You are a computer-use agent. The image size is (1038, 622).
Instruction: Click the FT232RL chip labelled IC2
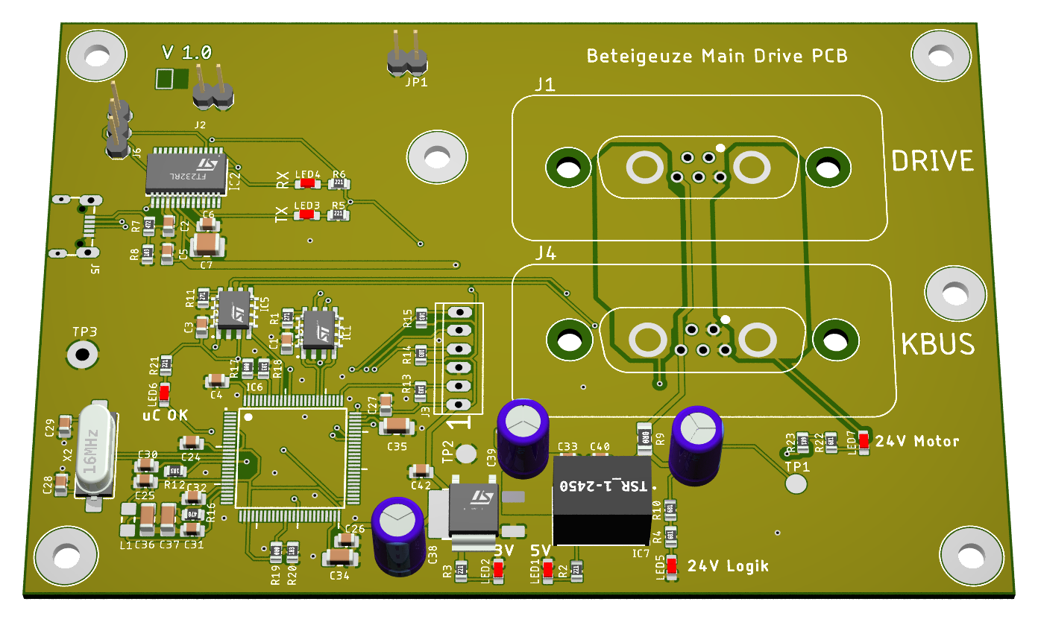186,173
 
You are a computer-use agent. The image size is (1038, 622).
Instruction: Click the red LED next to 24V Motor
864,442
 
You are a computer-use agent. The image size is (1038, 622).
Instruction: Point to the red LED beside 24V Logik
671,566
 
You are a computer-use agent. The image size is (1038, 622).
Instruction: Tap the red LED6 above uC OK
164,393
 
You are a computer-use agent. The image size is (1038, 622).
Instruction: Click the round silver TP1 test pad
796,483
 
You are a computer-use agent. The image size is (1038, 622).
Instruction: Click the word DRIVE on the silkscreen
932,161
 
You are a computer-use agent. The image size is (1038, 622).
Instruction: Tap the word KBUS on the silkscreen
937,344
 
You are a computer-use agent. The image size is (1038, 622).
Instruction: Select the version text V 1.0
186,52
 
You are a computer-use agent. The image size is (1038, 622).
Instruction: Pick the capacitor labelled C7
208,244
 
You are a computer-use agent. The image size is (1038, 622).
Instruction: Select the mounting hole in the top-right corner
942,54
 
